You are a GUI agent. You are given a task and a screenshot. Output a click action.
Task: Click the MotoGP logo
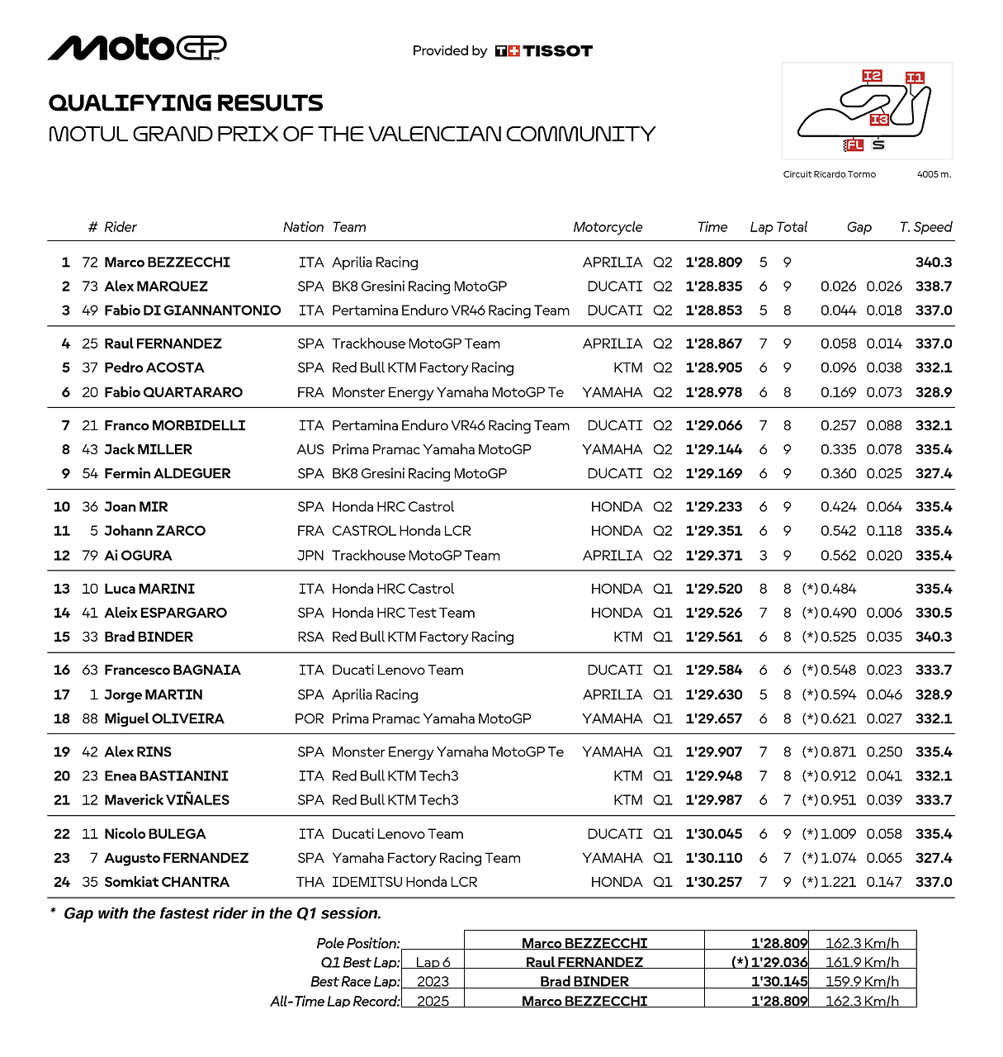click(x=137, y=49)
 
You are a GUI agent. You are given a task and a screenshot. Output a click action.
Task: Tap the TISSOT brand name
click(x=557, y=51)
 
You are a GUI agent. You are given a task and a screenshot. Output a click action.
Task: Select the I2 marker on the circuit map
click(x=872, y=76)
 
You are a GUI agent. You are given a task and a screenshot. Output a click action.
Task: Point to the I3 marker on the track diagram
click(x=879, y=120)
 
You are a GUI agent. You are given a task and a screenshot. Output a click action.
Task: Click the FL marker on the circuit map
click(x=854, y=145)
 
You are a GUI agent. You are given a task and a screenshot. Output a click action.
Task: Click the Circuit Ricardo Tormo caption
click(x=829, y=174)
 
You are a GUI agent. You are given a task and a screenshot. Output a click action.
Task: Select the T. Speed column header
click(x=925, y=227)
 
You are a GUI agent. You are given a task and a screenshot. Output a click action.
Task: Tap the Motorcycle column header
click(x=608, y=227)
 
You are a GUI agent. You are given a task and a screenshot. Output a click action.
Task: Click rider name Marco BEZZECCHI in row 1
click(x=168, y=263)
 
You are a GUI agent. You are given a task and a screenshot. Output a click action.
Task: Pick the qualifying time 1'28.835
click(x=714, y=287)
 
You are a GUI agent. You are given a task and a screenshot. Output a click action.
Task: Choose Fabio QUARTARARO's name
click(x=173, y=392)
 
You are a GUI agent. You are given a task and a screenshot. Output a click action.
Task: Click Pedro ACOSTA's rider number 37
click(x=90, y=367)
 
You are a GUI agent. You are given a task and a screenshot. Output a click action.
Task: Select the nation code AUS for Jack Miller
click(x=310, y=449)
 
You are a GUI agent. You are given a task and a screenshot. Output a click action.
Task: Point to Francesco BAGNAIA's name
click(x=173, y=671)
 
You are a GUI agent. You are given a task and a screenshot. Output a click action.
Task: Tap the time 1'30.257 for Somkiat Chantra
click(x=714, y=882)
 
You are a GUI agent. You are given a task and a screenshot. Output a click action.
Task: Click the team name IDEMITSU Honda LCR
click(x=405, y=882)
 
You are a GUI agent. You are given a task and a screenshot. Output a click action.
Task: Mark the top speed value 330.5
click(x=934, y=613)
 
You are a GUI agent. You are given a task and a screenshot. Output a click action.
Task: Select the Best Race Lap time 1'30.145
click(x=779, y=982)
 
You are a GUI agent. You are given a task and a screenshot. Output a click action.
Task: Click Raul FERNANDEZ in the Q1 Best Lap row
click(x=584, y=962)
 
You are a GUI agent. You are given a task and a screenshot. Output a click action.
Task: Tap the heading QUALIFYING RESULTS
click(x=186, y=103)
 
